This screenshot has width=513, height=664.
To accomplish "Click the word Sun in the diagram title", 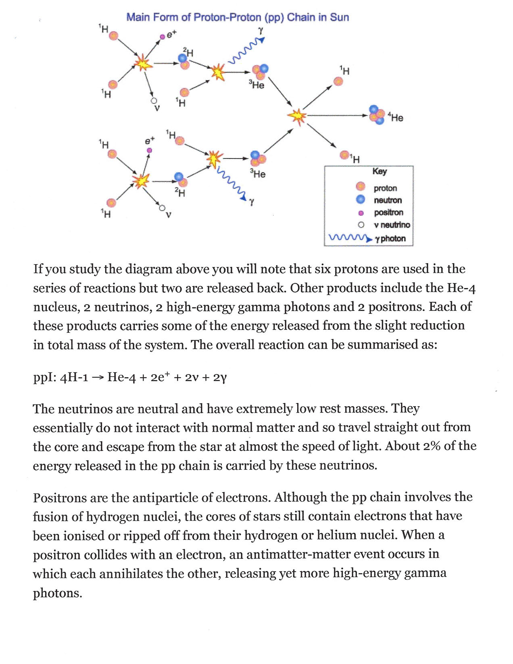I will pyautogui.click(x=339, y=17).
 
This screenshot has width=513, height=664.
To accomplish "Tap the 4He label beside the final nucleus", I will pyautogui.click(x=396, y=118).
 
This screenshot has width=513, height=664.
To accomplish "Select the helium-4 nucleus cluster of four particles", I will pyautogui.click(x=377, y=115).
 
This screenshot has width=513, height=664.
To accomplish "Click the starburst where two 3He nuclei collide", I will pyautogui.click(x=297, y=116).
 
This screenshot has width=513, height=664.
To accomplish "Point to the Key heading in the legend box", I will pyautogui.click(x=380, y=171).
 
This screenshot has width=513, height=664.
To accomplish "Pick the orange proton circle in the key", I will pyautogui.click(x=361, y=187).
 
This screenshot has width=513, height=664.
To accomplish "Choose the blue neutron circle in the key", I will pyautogui.click(x=361, y=199).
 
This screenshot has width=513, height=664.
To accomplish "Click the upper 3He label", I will pyautogui.click(x=257, y=85).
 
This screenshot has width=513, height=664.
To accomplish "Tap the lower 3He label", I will pyautogui.click(x=258, y=174).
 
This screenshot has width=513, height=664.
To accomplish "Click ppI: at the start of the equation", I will pyautogui.click(x=44, y=378).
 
